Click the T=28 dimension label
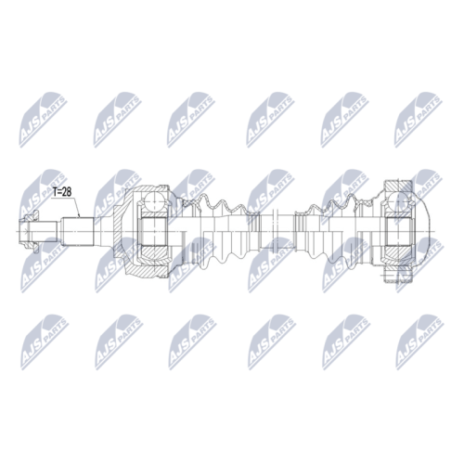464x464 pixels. (x=62, y=192)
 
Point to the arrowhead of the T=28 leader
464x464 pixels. (x=80, y=215)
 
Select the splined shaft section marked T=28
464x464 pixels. (x=78, y=232)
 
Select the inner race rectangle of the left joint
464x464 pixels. (x=153, y=231)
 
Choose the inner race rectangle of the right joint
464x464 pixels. (x=399, y=231)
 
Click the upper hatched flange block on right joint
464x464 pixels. (x=398, y=187)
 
